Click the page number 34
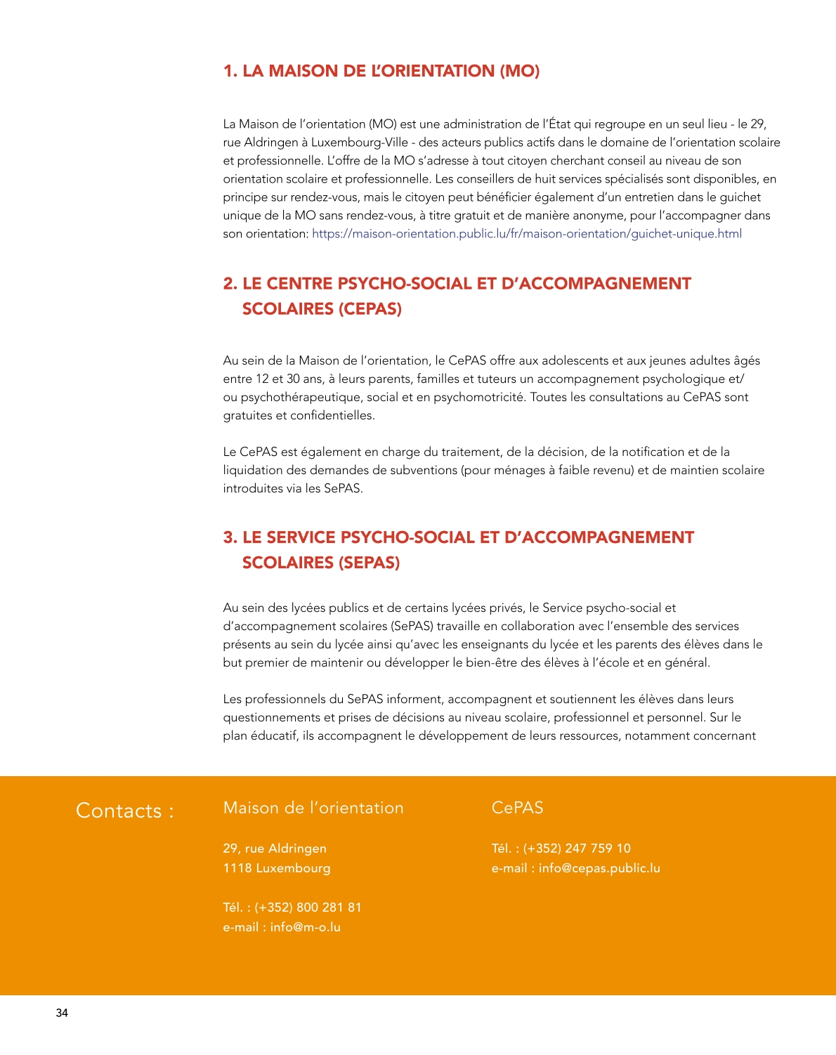[x=62, y=1013]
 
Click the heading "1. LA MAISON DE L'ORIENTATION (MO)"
[x=381, y=71]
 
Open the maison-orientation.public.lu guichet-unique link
[x=526, y=234]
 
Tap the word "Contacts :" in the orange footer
[x=124, y=811]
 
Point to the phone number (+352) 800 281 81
[x=308, y=907]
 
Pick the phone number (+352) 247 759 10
[x=577, y=848]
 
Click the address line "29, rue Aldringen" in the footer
[x=275, y=848]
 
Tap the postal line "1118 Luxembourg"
[x=277, y=868]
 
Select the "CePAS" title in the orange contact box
[x=517, y=808]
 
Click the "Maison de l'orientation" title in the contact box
[x=313, y=808]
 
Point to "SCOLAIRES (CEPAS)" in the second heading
[x=322, y=309]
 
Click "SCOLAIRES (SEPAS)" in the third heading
[x=321, y=563]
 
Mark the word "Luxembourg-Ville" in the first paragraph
[x=360, y=143]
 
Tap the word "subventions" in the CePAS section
[x=424, y=471]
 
